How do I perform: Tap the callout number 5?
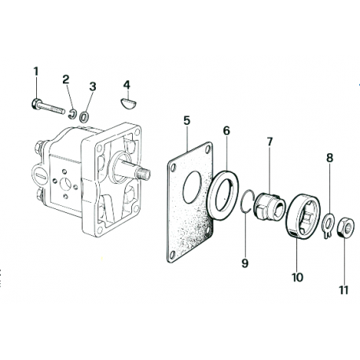[x=186, y=120]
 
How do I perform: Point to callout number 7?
[x=269, y=141]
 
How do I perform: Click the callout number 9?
[x=244, y=263]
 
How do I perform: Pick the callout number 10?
[x=297, y=277]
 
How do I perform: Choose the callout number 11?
[x=343, y=290]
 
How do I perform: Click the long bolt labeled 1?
[x=49, y=104]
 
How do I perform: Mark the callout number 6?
[x=226, y=130]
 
